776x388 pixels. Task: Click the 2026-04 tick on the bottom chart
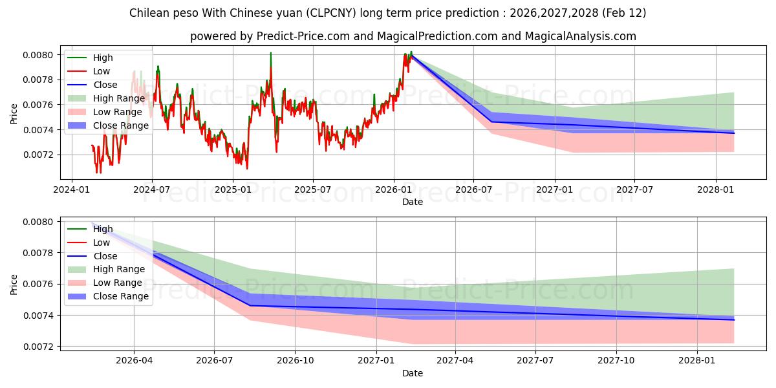point(134,361)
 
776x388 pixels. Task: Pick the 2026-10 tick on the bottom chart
point(295,361)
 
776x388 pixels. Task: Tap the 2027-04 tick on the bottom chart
point(455,361)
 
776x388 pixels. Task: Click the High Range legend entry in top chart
point(118,98)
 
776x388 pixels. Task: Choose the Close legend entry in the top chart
point(105,85)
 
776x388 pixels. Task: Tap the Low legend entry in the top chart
point(102,71)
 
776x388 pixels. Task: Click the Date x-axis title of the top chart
point(413,202)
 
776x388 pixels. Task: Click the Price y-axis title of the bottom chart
point(14,284)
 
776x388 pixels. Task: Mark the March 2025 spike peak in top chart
point(271,53)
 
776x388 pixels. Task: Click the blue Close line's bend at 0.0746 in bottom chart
point(250,305)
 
